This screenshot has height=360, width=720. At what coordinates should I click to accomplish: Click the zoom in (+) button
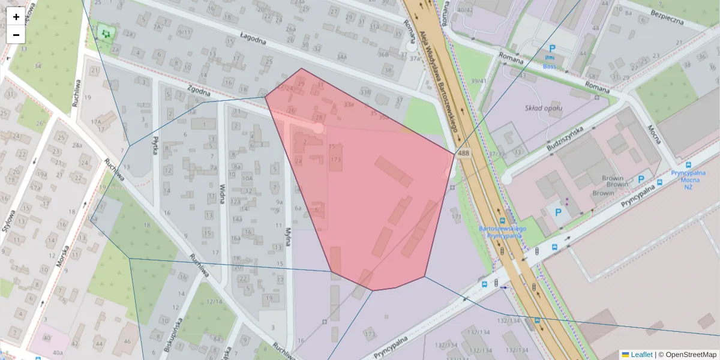coord(16,16)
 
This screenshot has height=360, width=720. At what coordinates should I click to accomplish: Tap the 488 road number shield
coord(463,154)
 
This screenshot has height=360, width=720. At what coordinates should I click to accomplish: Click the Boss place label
coord(550,67)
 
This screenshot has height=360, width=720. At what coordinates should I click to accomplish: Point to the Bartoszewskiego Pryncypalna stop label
coord(503,232)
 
